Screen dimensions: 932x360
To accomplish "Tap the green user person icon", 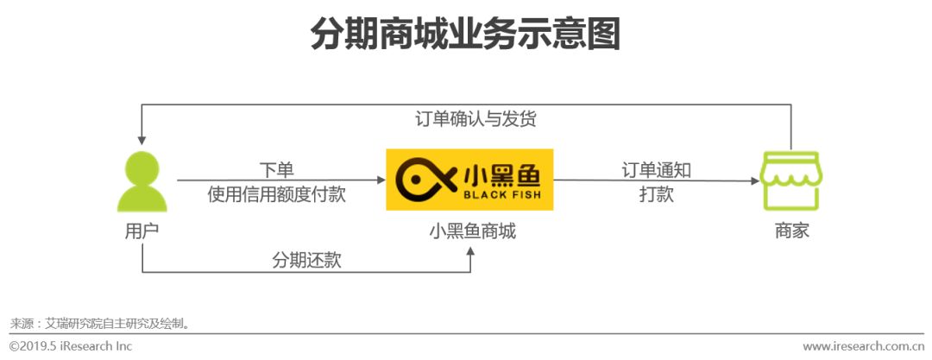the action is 142,183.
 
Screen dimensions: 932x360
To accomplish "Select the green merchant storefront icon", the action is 791,182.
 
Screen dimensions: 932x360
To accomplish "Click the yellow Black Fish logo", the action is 469,180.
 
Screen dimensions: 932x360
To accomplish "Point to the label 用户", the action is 142,231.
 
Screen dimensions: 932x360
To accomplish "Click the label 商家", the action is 791,231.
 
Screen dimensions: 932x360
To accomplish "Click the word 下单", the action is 277,170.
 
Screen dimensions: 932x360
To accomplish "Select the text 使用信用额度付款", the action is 277,194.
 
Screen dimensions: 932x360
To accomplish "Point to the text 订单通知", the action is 656,170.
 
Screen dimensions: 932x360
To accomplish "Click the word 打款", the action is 656,194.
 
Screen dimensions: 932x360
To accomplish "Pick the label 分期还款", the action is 306,260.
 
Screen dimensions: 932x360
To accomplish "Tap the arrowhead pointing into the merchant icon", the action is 755,180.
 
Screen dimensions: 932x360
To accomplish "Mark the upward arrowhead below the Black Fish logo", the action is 470,252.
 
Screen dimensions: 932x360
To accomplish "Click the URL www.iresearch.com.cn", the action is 863,345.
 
